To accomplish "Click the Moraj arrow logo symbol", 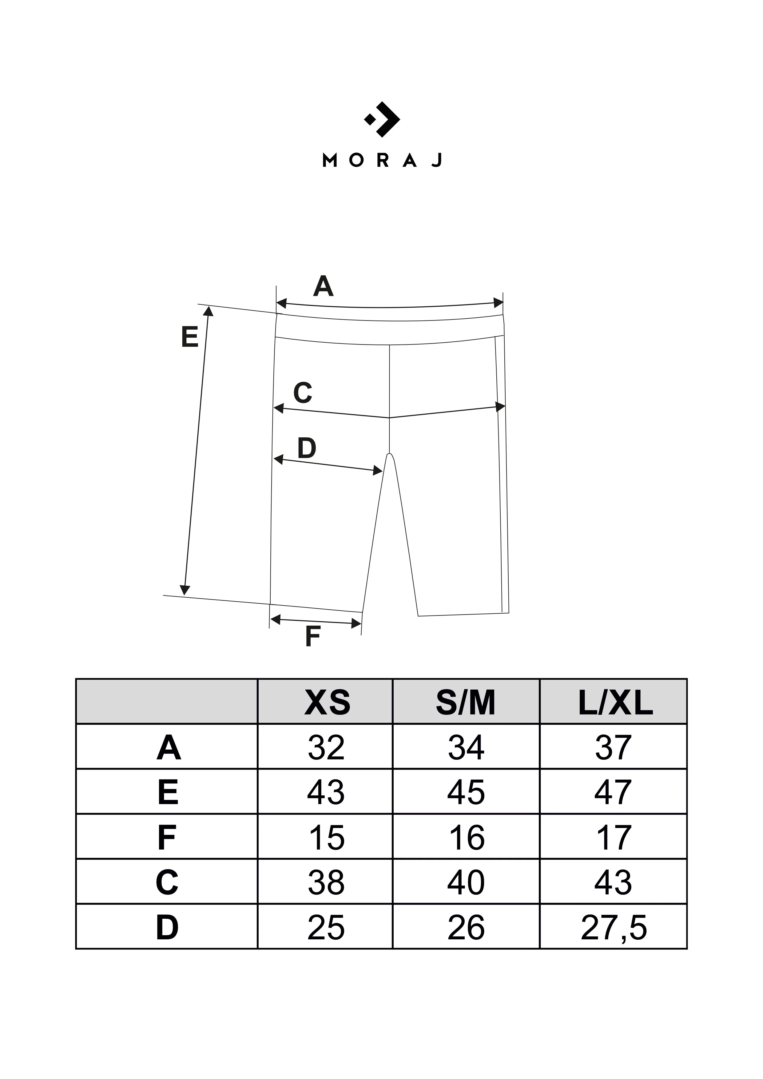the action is (x=382, y=119).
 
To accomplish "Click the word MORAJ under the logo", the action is (x=382, y=161).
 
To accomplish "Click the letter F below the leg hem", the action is (x=313, y=637).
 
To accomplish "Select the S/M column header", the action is (x=466, y=703).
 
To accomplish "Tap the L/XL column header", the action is (x=615, y=703).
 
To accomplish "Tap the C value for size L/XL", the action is (x=613, y=882).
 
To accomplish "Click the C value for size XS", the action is (x=326, y=882).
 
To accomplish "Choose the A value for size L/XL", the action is (x=613, y=748).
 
